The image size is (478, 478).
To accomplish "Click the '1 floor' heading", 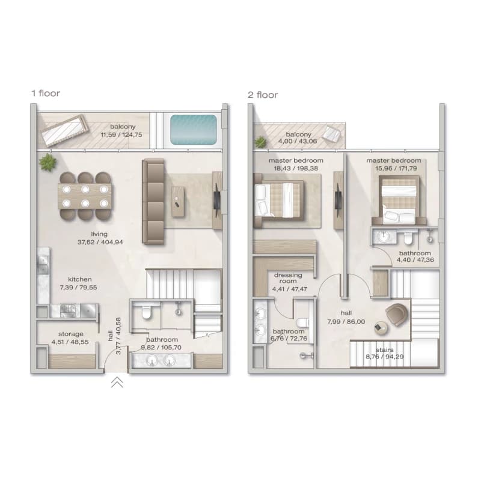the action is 46,93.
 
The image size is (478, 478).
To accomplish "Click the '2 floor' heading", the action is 263,95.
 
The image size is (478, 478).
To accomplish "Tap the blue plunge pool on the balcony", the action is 194,130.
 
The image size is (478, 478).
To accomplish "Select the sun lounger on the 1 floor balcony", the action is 65,130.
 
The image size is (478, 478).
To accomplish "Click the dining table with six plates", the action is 85,196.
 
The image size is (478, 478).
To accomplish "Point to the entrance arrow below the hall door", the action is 117,382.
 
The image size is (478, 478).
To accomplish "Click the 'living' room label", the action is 99,234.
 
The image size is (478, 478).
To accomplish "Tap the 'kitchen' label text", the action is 79,279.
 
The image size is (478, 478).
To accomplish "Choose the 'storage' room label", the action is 71,334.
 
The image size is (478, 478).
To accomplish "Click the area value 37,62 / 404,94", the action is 100,243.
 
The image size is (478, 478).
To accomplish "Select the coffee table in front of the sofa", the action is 178,202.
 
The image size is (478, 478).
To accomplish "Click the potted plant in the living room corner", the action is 47,162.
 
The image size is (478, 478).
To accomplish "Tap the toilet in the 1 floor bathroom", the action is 147,312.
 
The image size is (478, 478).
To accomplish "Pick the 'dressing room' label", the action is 288,278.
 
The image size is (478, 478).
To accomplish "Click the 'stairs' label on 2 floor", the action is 385,350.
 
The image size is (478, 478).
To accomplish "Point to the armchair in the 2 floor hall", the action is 396,314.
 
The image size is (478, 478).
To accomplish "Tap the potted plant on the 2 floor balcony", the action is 261,142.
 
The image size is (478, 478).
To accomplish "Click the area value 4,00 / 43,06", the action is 298,141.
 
